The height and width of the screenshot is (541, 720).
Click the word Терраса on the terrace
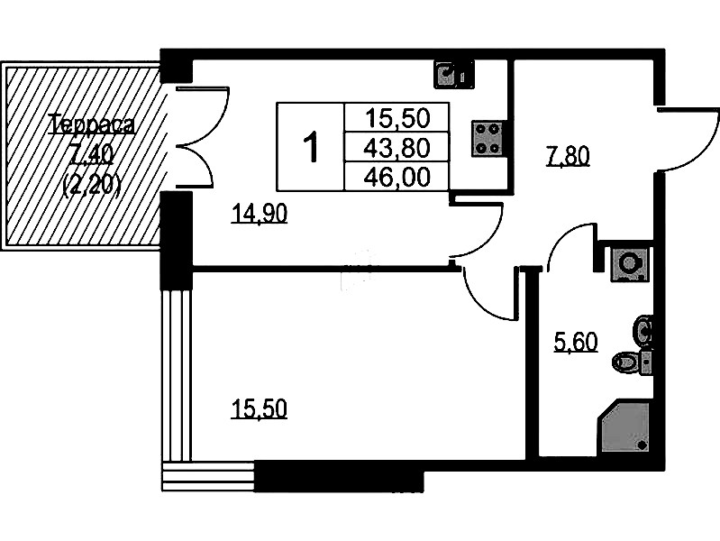pos(93,125)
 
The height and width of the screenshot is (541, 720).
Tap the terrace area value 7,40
pos(91,156)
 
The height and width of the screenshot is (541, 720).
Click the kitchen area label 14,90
pos(260,214)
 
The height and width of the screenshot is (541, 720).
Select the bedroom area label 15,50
pos(260,409)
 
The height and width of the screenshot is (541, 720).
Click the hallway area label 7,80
pos(567,157)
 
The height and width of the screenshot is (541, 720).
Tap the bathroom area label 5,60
pos(576,343)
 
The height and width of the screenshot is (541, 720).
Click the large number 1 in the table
pos(311,147)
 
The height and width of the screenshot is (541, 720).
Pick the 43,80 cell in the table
pos(396,148)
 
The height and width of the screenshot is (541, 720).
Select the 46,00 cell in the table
pos(396,177)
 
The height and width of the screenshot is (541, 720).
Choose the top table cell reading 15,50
pos(396,118)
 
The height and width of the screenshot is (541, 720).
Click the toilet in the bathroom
pos(633,362)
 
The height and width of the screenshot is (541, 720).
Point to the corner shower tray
pos(624,428)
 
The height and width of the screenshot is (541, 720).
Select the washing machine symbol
pos(630,264)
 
